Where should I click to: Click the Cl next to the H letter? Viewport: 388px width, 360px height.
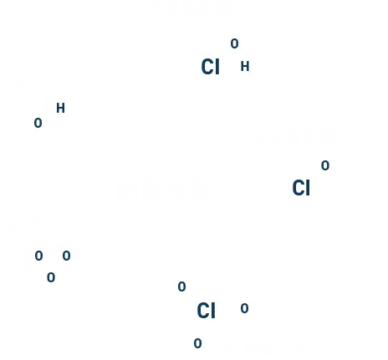(210, 67)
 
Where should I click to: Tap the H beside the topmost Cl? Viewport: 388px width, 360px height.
(245, 67)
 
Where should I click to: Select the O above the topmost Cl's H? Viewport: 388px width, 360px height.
(234, 43)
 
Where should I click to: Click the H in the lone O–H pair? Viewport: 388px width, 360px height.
(60, 108)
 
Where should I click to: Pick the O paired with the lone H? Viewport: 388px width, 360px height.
(38, 123)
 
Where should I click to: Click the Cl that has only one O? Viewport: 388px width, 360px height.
(301, 188)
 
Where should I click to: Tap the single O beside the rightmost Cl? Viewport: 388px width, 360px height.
(325, 165)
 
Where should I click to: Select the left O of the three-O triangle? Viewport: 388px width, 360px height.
(38, 256)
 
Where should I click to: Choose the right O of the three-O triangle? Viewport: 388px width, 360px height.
(66, 256)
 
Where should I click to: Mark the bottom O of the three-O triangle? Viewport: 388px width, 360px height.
(51, 277)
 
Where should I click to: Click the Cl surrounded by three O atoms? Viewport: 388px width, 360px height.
(206, 311)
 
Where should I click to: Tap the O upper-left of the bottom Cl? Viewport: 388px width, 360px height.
(181, 286)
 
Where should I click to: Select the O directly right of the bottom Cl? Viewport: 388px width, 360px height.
(244, 308)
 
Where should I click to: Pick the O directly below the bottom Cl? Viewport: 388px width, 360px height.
(197, 343)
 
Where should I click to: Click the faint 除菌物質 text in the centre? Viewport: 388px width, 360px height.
(162, 189)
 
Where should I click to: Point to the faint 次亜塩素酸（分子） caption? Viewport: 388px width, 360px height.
(219, 8)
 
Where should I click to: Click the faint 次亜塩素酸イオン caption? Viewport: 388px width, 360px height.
(318, 137)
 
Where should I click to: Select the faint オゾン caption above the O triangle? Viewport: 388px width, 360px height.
(32, 226)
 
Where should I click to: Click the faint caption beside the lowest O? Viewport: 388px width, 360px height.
(274, 348)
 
